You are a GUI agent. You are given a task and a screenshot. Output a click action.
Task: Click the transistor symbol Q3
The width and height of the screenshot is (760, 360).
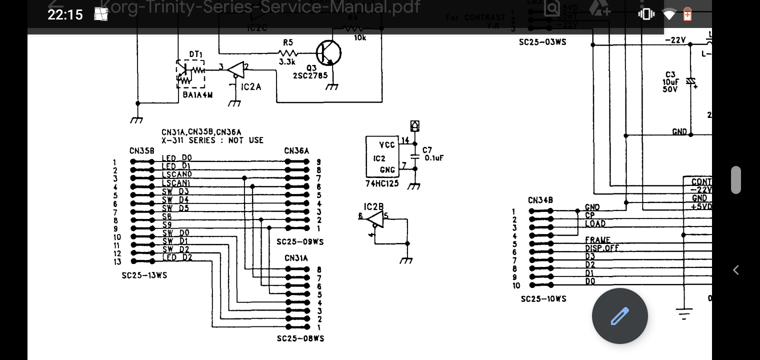pos(328,53)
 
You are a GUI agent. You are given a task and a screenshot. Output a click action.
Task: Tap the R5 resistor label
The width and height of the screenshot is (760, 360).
pos(287,43)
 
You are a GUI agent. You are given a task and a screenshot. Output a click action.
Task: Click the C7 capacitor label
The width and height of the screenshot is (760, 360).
pos(427,150)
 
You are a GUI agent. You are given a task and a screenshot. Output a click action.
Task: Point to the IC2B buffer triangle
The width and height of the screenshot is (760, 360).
pos(374,218)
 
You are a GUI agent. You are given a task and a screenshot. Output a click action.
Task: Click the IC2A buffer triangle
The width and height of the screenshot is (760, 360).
pos(235,69)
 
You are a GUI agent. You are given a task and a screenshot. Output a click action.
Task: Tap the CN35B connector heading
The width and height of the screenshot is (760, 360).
pos(142,150)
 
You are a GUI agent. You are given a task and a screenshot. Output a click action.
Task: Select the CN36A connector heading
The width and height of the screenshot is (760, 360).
pos(296,150)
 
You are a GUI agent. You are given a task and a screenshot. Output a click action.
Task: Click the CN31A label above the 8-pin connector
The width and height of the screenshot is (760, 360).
pos(296,258)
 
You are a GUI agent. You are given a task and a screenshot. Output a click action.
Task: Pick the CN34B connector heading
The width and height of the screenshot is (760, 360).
pos(540,200)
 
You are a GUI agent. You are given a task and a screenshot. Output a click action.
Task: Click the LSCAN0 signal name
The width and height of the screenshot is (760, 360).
pos(176,174)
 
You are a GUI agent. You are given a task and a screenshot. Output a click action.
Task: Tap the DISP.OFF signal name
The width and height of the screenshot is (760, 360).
pos(602,248)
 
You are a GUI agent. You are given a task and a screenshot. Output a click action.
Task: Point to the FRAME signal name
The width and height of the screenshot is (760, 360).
pos(597,240)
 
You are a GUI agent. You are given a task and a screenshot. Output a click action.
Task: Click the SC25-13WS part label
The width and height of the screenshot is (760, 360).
pos(144,275)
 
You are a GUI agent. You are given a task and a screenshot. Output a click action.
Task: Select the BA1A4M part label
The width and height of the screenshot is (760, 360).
pos(197,94)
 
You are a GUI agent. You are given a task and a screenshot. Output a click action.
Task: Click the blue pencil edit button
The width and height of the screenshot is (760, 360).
pos(619,316)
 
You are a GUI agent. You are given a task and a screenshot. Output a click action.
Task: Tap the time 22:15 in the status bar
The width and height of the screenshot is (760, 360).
pos(65,14)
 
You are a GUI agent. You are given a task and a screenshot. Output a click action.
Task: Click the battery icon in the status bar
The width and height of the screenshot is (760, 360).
pos(688,14)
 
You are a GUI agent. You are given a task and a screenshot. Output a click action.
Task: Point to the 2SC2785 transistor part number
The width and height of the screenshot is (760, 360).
pos(310,75)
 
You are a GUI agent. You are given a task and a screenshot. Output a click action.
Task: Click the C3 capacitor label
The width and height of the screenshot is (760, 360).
pos(670,74)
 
